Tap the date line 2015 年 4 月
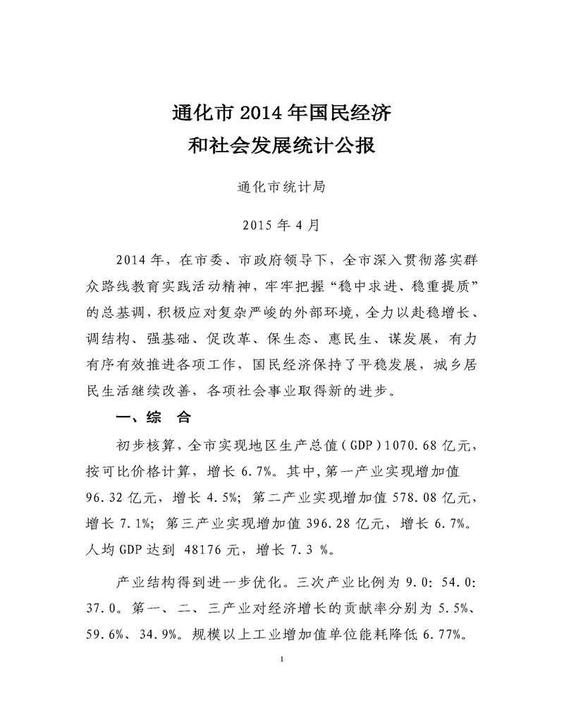[281, 226]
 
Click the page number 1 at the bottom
[281, 661]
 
